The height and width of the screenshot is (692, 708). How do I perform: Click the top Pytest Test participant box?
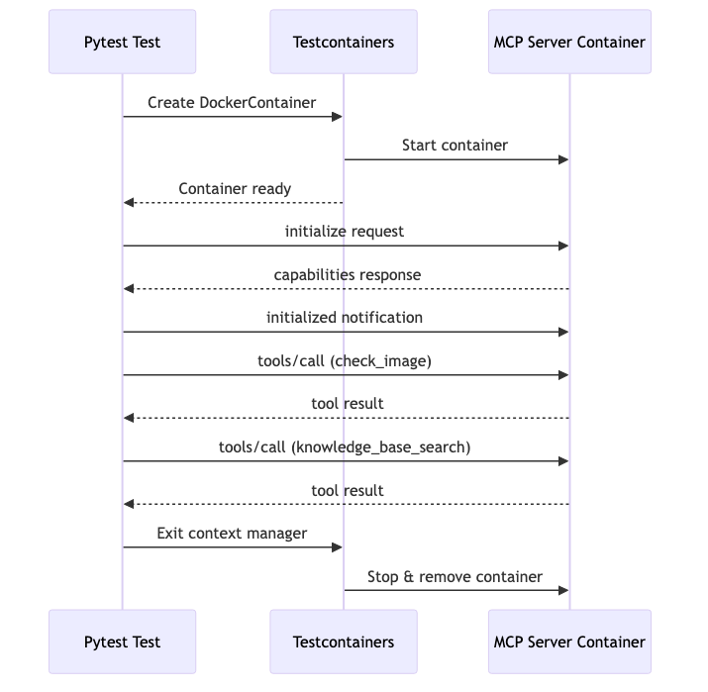[123, 42]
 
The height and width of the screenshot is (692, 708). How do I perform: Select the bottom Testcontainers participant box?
[344, 642]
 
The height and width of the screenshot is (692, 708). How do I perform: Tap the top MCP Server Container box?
[569, 42]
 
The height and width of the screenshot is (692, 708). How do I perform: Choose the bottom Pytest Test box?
[123, 642]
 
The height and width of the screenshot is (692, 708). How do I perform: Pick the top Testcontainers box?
[344, 42]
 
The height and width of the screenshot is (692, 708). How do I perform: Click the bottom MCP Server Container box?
[569, 642]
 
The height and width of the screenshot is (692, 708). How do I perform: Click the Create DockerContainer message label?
[232, 103]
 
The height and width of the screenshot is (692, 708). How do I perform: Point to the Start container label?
[455, 146]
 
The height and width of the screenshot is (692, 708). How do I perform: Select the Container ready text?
[235, 188]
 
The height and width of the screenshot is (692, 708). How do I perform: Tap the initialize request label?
[345, 232]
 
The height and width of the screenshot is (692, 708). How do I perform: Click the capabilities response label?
[347, 274]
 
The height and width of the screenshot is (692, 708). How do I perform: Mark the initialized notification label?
[345, 318]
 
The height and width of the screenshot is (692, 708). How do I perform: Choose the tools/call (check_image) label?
[345, 360]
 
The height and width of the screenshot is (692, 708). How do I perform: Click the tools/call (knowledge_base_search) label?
[345, 446]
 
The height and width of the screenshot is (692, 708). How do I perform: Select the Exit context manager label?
[232, 533]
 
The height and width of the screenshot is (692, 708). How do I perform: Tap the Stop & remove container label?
[455, 576]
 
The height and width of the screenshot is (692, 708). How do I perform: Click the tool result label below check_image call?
[347, 404]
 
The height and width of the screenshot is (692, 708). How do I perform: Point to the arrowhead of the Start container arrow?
[563, 159]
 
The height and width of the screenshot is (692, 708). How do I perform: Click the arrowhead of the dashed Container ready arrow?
[129, 203]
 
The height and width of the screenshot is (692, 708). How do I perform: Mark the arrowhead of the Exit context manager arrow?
[338, 547]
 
